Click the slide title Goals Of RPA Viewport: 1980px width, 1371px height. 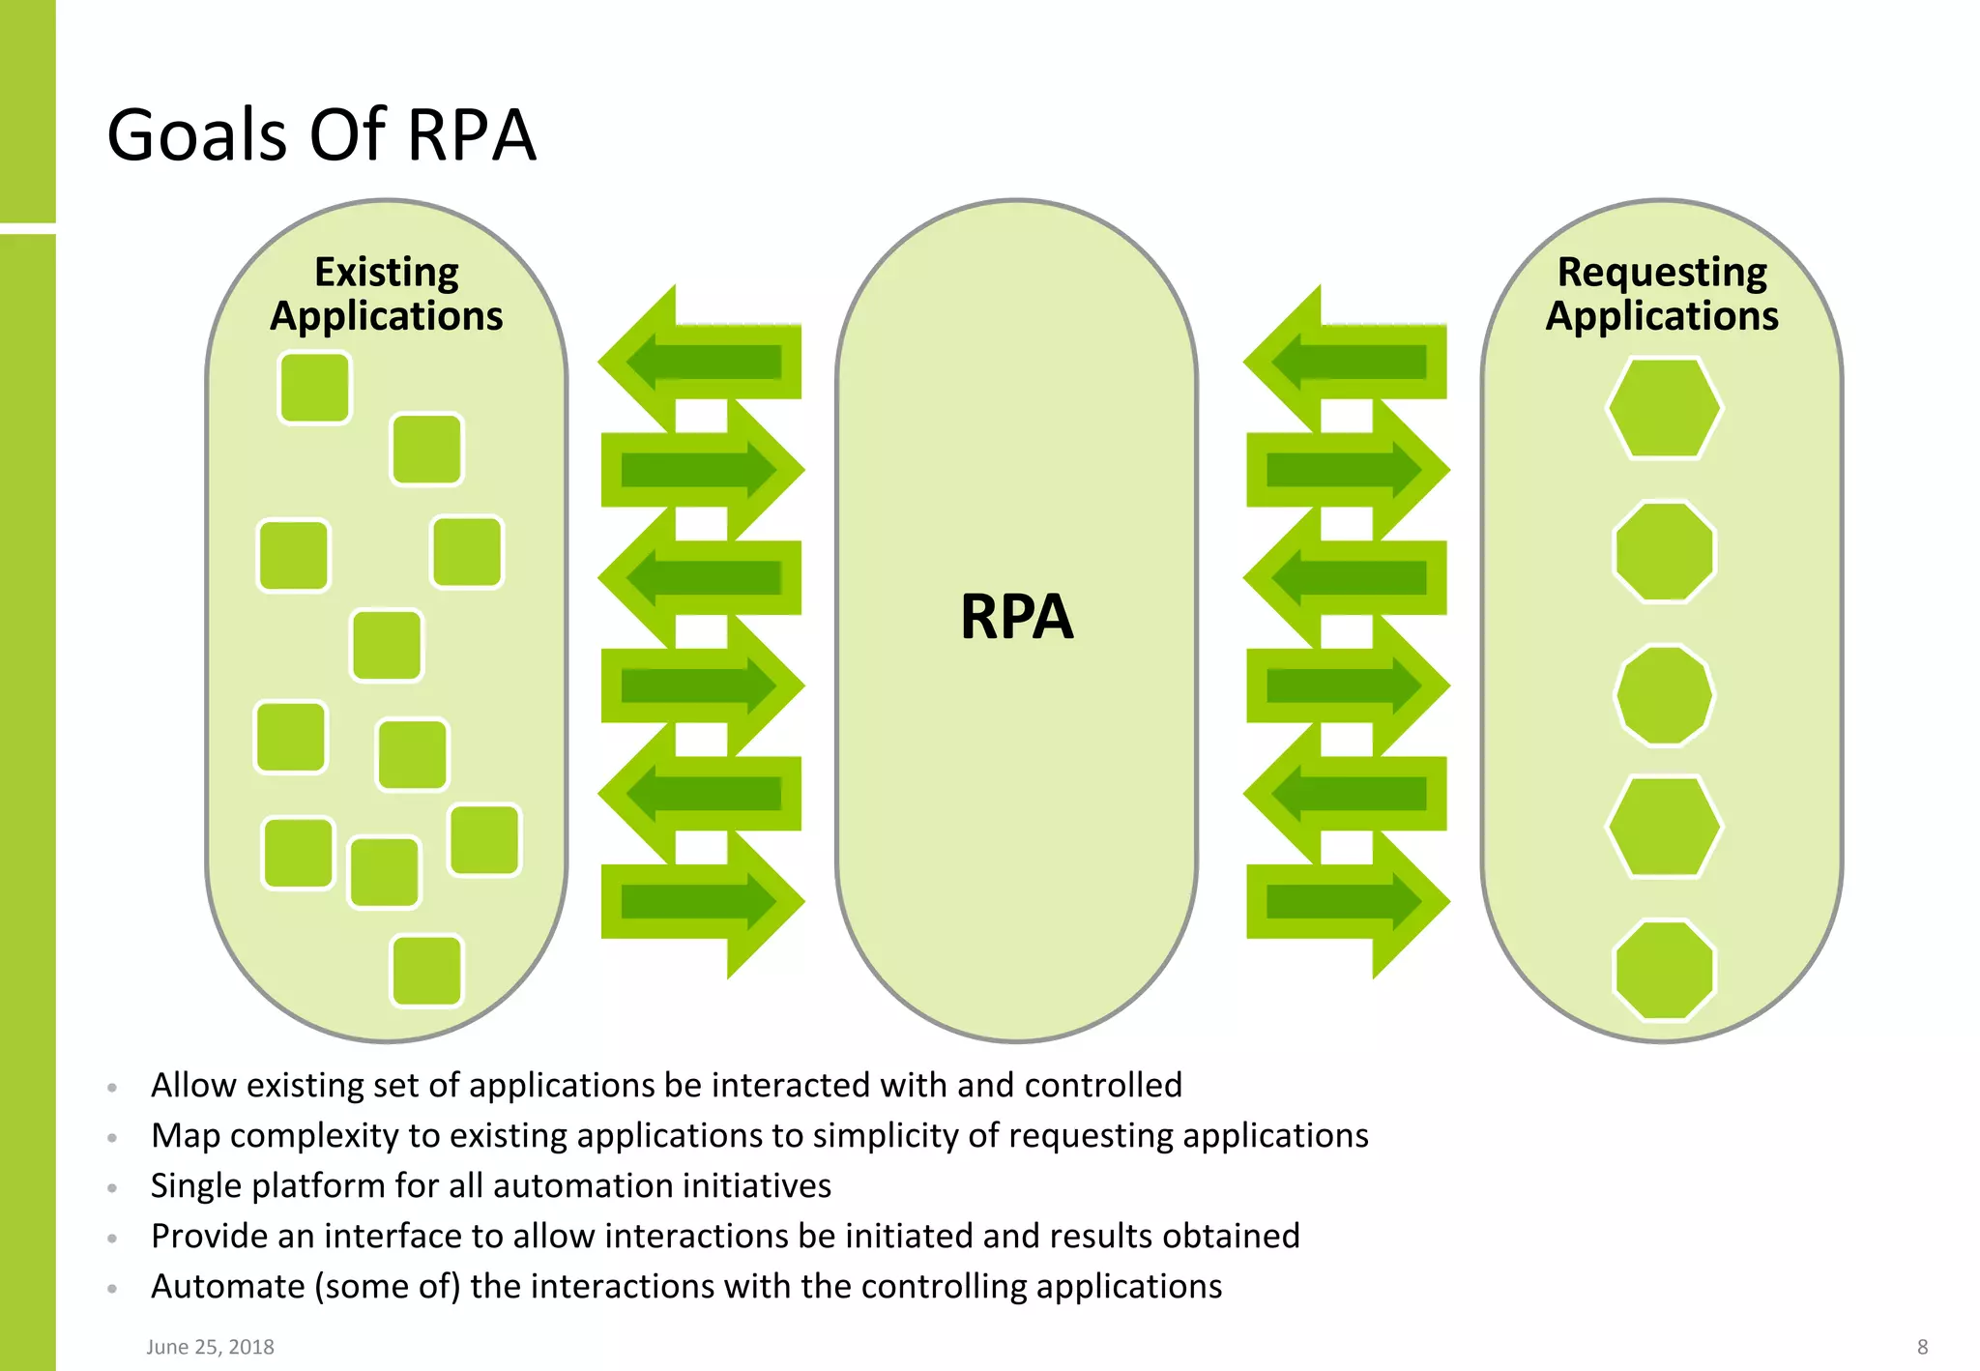321,134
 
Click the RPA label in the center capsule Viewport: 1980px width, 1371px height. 1016,617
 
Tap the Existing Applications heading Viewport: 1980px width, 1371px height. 387,294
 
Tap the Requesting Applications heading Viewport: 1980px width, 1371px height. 1662,294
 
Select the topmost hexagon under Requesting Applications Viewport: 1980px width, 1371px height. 1664,408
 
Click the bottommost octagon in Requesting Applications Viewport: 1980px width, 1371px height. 1664,970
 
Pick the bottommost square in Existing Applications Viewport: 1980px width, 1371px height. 426,970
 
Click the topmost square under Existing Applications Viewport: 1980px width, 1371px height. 314,388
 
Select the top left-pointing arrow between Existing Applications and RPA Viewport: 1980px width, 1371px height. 701,362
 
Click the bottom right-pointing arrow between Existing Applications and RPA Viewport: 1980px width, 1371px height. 701,902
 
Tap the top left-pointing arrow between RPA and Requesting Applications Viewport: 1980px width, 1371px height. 1347,362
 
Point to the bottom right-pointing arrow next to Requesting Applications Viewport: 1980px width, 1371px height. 1347,902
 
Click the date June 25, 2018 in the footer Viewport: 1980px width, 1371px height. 210,1347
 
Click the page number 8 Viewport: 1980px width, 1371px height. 1922,1347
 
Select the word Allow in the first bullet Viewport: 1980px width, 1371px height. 193,1085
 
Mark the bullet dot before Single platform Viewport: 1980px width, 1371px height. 112,1187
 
